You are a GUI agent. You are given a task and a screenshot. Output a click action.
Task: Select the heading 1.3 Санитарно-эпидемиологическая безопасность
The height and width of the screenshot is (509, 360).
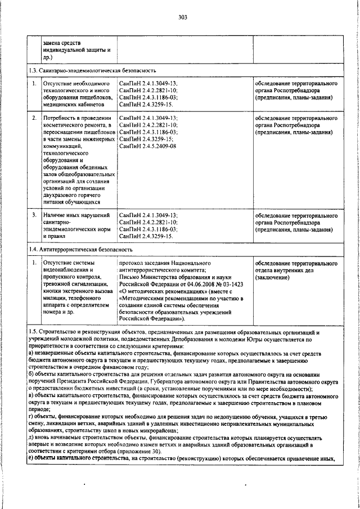click(92, 71)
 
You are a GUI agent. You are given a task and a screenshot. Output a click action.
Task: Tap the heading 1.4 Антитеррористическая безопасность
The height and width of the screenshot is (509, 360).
click(81, 249)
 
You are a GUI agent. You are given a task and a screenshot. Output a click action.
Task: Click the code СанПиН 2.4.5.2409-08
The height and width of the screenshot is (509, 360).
click(147, 146)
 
